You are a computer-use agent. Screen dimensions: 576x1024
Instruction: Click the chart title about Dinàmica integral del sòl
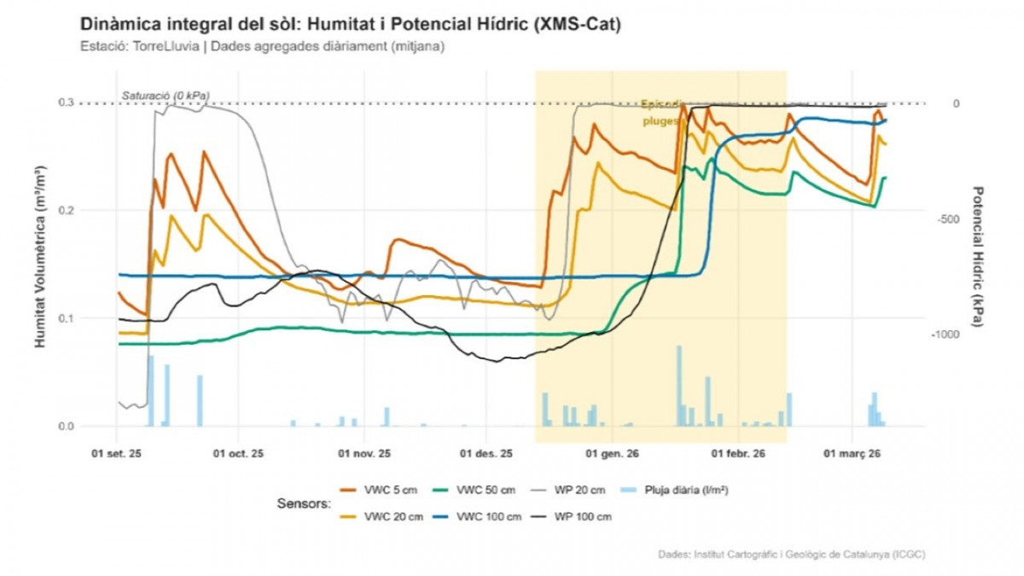pos(350,25)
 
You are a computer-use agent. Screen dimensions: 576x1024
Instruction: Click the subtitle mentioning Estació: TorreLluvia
pos(262,47)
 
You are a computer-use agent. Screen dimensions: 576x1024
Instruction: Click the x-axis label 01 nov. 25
pos(364,454)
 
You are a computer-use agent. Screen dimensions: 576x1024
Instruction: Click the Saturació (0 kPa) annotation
pos(166,95)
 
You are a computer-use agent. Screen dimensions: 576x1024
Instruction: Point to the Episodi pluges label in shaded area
pos(661,113)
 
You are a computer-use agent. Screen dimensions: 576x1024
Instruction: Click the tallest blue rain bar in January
pos(679,385)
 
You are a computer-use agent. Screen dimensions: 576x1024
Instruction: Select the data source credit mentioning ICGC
pos(791,555)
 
